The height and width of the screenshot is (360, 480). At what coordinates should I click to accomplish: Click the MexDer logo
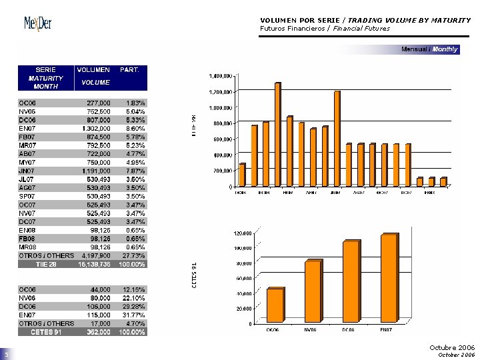(38, 23)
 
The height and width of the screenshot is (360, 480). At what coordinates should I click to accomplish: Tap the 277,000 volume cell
(99, 103)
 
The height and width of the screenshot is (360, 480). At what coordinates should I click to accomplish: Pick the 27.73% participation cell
(135, 255)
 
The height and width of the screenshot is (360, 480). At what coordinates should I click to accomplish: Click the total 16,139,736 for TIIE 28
(95, 264)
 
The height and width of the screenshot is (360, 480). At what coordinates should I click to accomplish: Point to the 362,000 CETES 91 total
(99, 332)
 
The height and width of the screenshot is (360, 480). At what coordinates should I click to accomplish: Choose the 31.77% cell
(135, 315)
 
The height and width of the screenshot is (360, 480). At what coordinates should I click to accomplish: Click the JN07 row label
(26, 171)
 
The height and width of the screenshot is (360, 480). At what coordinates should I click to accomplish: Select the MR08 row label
(27, 247)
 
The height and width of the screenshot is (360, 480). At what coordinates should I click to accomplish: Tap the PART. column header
(129, 69)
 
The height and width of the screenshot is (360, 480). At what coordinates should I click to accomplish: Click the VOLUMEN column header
(94, 69)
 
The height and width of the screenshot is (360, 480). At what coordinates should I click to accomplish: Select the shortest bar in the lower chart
(274, 306)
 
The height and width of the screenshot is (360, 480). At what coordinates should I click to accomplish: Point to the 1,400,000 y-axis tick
(222, 76)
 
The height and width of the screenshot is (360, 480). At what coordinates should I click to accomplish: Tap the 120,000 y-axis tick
(242, 233)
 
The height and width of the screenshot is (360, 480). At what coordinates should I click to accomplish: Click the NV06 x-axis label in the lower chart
(310, 329)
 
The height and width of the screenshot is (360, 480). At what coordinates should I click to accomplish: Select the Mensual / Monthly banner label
(429, 49)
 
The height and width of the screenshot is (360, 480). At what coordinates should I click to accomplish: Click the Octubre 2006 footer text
(452, 347)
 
